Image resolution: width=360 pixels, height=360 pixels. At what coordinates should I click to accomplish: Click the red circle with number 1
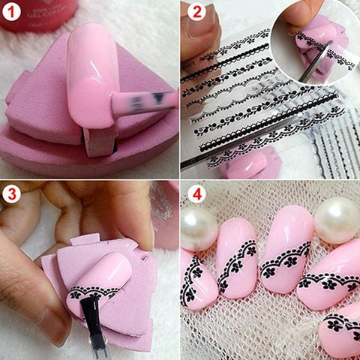[12, 12]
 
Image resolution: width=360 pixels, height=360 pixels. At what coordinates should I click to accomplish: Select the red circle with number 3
[12, 193]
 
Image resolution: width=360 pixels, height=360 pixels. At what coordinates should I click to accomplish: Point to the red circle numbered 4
[196, 193]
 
